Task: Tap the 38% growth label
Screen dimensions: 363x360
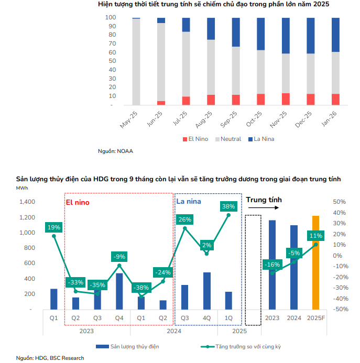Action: click(x=228, y=206)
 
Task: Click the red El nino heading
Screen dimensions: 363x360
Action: click(x=77, y=202)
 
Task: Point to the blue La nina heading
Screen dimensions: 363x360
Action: click(x=188, y=202)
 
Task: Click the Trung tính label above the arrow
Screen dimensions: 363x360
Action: click(x=264, y=200)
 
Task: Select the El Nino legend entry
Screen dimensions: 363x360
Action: click(x=198, y=139)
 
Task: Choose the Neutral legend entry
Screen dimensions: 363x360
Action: click(x=228, y=139)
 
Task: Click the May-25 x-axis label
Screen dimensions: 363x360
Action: click(x=129, y=119)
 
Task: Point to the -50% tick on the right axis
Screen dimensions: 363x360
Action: click(x=340, y=309)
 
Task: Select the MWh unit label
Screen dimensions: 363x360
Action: click(x=22, y=188)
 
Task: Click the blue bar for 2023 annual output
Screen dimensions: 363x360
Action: click(x=272, y=265)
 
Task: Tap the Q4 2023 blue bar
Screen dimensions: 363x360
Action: click(x=119, y=291)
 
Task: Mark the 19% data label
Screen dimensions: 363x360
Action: click(x=54, y=227)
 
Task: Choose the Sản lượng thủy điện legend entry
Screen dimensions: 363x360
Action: click(x=129, y=347)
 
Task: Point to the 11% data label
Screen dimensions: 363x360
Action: click(x=315, y=236)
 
